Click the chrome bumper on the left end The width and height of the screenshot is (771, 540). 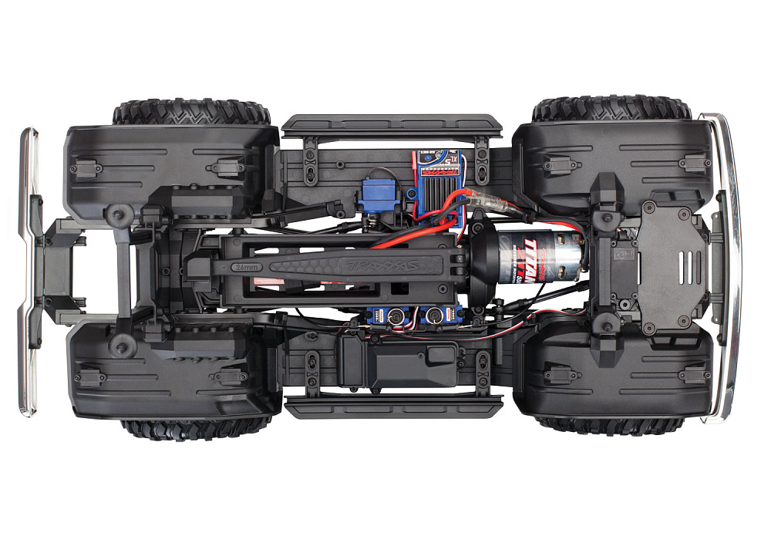29,270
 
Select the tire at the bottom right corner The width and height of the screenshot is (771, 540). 609,425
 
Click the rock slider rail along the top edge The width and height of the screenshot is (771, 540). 392,123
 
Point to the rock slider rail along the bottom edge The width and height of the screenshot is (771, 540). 393,406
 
